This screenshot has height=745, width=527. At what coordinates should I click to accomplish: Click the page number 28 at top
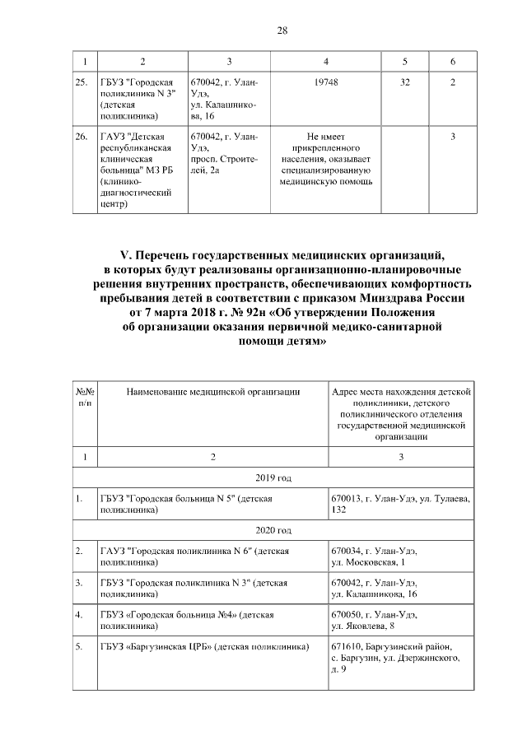click(x=281, y=30)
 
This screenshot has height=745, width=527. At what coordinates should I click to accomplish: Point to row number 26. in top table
click(x=82, y=136)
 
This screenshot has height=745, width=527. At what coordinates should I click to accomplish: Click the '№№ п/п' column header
click(x=85, y=398)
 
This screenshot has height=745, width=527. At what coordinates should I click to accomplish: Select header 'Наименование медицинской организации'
click(x=212, y=393)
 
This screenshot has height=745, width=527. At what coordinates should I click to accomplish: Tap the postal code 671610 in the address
click(x=344, y=648)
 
